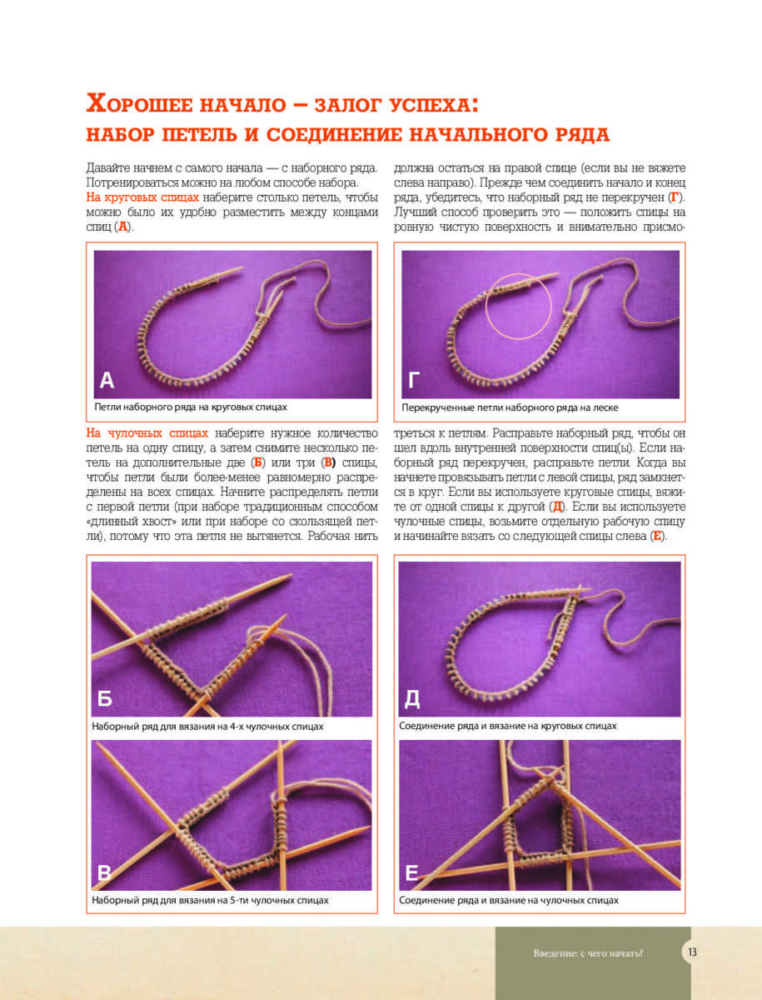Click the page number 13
pyautogui.click(x=693, y=953)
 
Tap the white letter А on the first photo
pyautogui.click(x=107, y=381)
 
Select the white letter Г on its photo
pyautogui.click(x=414, y=381)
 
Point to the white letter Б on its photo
pyautogui.click(x=105, y=698)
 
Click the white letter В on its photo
pyautogui.click(x=105, y=872)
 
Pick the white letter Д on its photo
pyautogui.click(x=412, y=698)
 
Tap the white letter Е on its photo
pyautogui.click(x=411, y=872)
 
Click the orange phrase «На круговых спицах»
pyautogui.click(x=142, y=197)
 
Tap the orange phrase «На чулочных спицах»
pyautogui.click(x=147, y=433)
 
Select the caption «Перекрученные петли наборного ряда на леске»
pyautogui.click(x=510, y=408)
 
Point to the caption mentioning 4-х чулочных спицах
pyautogui.click(x=207, y=726)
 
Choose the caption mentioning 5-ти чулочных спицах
pyautogui.click(x=210, y=900)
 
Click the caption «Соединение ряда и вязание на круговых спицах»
pyautogui.click(x=508, y=726)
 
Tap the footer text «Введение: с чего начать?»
pyautogui.click(x=589, y=953)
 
